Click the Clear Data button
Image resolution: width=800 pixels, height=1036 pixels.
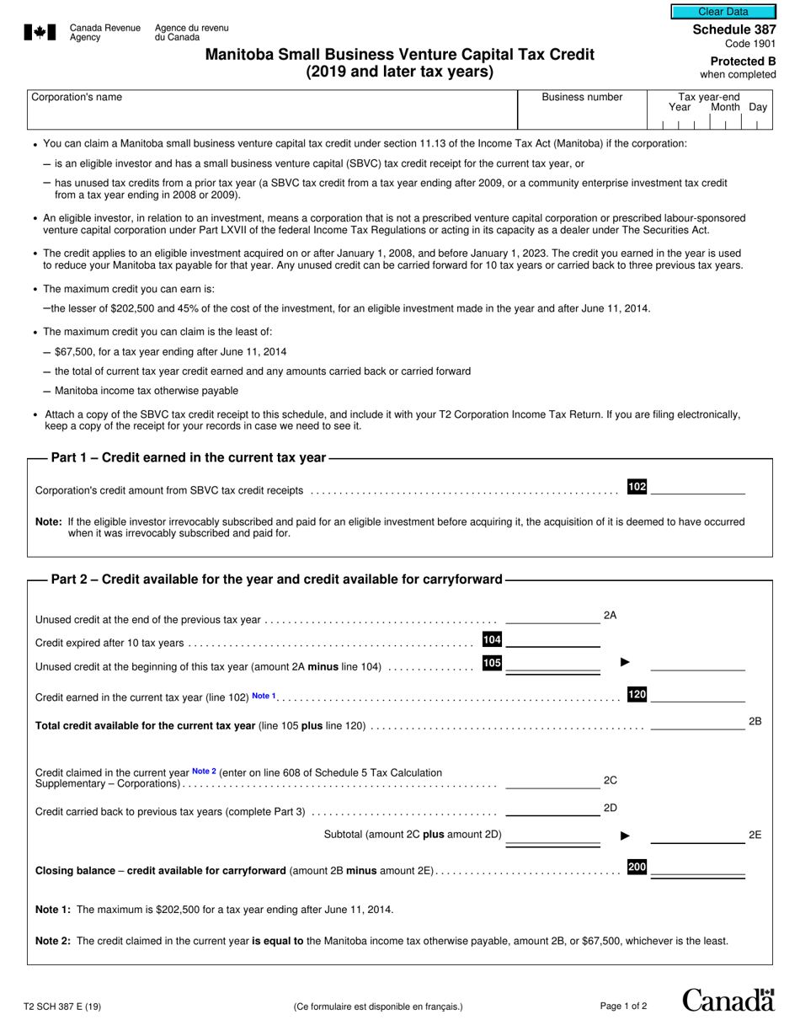click(x=723, y=12)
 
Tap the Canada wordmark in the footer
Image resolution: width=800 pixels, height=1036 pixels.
click(x=728, y=1001)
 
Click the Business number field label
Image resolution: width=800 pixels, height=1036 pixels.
click(x=582, y=97)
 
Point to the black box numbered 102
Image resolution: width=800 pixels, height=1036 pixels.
click(x=637, y=487)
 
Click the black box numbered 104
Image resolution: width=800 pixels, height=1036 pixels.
click(x=492, y=640)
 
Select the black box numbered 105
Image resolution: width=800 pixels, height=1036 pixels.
click(x=492, y=664)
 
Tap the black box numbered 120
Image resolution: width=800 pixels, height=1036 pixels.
click(x=637, y=695)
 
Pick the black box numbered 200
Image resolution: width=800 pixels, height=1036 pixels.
click(x=637, y=868)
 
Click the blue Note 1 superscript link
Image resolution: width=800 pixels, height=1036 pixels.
click(x=264, y=696)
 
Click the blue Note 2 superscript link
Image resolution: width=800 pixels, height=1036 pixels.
click(x=204, y=771)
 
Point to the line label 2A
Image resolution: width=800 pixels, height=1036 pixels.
click(x=611, y=616)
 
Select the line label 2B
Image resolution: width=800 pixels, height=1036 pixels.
click(x=755, y=722)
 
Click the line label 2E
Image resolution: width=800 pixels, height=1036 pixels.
click(x=755, y=836)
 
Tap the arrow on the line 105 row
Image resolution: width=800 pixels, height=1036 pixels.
click(x=625, y=663)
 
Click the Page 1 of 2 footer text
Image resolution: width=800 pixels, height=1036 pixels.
click(x=623, y=1006)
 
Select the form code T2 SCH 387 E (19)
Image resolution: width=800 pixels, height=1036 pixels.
click(x=64, y=1006)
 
